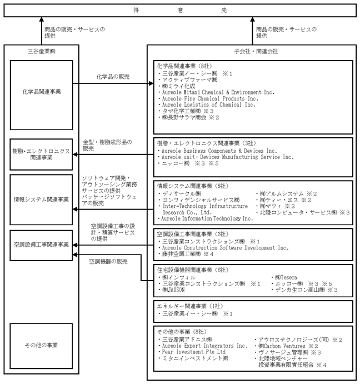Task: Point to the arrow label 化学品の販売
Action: coord(113,77)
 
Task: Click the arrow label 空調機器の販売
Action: coord(108,262)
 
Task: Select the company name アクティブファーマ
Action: coord(190,80)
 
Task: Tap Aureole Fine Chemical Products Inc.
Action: coord(210,98)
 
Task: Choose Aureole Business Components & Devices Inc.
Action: coord(219,151)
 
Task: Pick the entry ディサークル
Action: coord(182,194)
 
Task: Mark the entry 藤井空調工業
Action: coord(182,254)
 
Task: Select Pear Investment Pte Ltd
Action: coord(194,352)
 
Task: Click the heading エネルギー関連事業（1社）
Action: coord(190,306)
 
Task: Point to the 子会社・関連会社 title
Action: coord(256,51)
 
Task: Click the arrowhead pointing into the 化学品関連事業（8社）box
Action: coord(151,83)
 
